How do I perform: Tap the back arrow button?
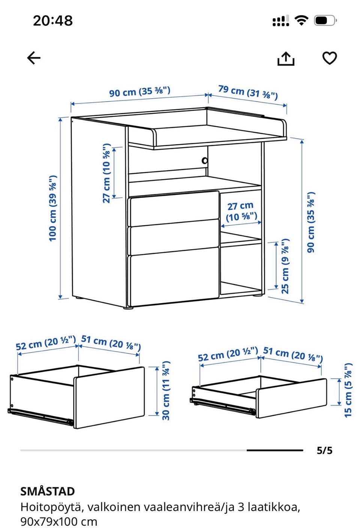[x=34, y=58]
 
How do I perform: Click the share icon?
[x=286, y=58]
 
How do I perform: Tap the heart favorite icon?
[x=329, y=58]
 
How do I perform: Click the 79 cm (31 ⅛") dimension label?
[x=247, y=93]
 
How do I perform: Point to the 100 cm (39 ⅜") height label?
[x=52, y=208]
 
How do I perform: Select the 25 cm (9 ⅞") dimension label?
[x=285, y=266]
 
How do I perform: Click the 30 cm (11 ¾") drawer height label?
[x=166, y=390]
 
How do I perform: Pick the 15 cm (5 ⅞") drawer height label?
[x=348, y=390]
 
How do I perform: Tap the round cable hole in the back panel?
[x=204, y=160]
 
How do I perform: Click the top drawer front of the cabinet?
[x=173, y=208]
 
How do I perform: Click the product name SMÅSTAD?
[x=47, y=492]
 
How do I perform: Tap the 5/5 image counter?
[x=324, y=450]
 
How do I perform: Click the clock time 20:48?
[x=53, y=21]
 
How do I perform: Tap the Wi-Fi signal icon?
[x=301, y=20]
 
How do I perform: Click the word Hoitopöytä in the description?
[x=52, y=507]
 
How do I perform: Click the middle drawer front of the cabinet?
[x=173, y=237]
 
